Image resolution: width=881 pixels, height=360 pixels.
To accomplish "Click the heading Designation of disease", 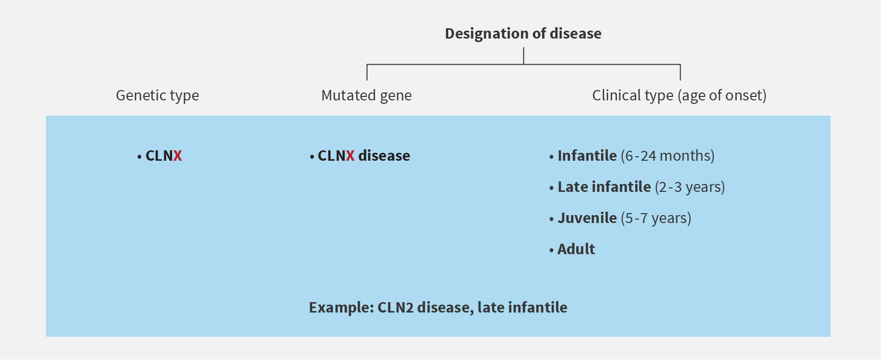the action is [x=523, y=34].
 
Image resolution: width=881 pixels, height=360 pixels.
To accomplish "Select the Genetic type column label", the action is [x=157, y=95].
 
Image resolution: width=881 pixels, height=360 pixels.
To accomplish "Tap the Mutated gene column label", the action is [x=367, y=95].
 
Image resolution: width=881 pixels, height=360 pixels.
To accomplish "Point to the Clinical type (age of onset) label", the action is [x=679, y=95].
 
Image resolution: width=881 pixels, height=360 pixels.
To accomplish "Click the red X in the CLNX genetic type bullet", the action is [x=178, y=156].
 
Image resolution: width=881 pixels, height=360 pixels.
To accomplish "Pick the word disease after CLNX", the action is [x=384, y=156].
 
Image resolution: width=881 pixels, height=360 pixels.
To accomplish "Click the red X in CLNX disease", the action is [x=350, y=156].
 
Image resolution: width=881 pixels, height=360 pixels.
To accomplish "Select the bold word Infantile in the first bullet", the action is [x=587, y=156].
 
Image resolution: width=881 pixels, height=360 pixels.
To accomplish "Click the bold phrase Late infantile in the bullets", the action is [x=604, y=187].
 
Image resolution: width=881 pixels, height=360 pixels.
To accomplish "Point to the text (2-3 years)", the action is [x=690, y=187].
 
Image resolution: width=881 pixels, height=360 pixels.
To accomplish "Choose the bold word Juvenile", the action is [x=587, y=218].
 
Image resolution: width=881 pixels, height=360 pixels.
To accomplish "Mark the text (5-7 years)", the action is [x=656, y=218].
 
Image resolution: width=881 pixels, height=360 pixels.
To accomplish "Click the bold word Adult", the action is [x=576, y=249].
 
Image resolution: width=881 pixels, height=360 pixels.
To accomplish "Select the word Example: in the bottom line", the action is [x=341, y=308].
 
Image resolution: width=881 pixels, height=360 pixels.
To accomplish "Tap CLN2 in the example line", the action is [x=395, y=308].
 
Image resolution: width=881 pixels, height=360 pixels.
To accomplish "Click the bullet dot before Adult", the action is [x=552, y=251].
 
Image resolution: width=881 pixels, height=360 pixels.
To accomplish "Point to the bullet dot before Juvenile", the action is [x=552, y=219].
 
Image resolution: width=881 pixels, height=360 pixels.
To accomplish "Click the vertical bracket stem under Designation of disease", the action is [x=523, y=56].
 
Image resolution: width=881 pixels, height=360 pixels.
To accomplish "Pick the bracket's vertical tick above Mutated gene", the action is [x=367, y=72].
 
